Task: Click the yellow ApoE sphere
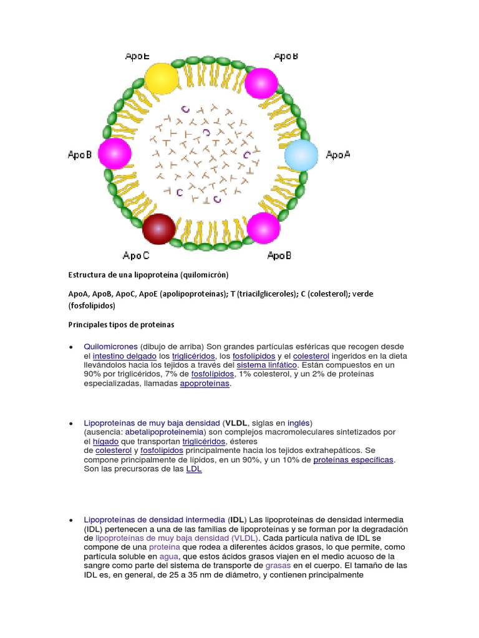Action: (x=161, y=79)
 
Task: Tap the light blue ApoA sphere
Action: (x=301, y=155)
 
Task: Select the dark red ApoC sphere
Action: (x=158, y=229)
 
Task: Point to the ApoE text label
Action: (x=137, y=56)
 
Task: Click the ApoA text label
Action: (x=338, y=155)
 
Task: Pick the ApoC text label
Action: (x=136, y=255)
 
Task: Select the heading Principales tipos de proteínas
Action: (x=121, y=325)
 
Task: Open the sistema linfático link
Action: (x=267, y=365)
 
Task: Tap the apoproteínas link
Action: (x=205, y=384)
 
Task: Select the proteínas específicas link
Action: (x=353, y=460)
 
